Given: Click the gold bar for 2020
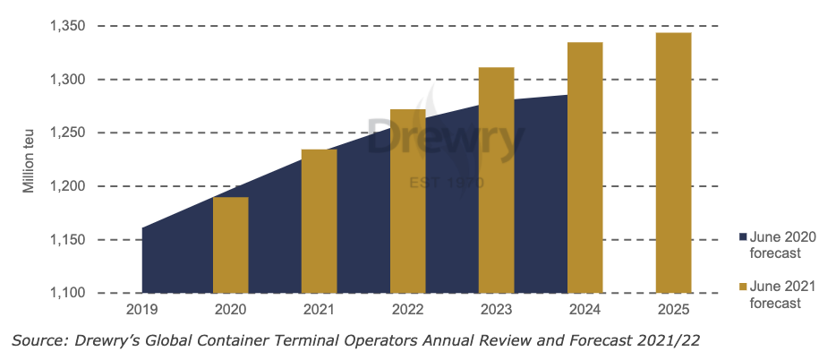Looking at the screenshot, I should tap(230, 244).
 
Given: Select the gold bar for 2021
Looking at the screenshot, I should tap(319, 221).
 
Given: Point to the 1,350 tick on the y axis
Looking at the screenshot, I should tap(67, 27).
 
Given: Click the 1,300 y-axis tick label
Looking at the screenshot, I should tap(67, 80).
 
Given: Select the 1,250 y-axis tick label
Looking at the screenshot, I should tap(67, 133).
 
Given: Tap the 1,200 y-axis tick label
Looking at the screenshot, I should tap(67, 186).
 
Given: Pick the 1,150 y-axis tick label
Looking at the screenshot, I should tap(67, 240).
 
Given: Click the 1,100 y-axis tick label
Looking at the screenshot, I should tap(67, 293).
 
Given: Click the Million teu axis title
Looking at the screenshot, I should tap(30, 160).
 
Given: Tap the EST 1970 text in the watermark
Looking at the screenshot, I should tap(446, 183).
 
